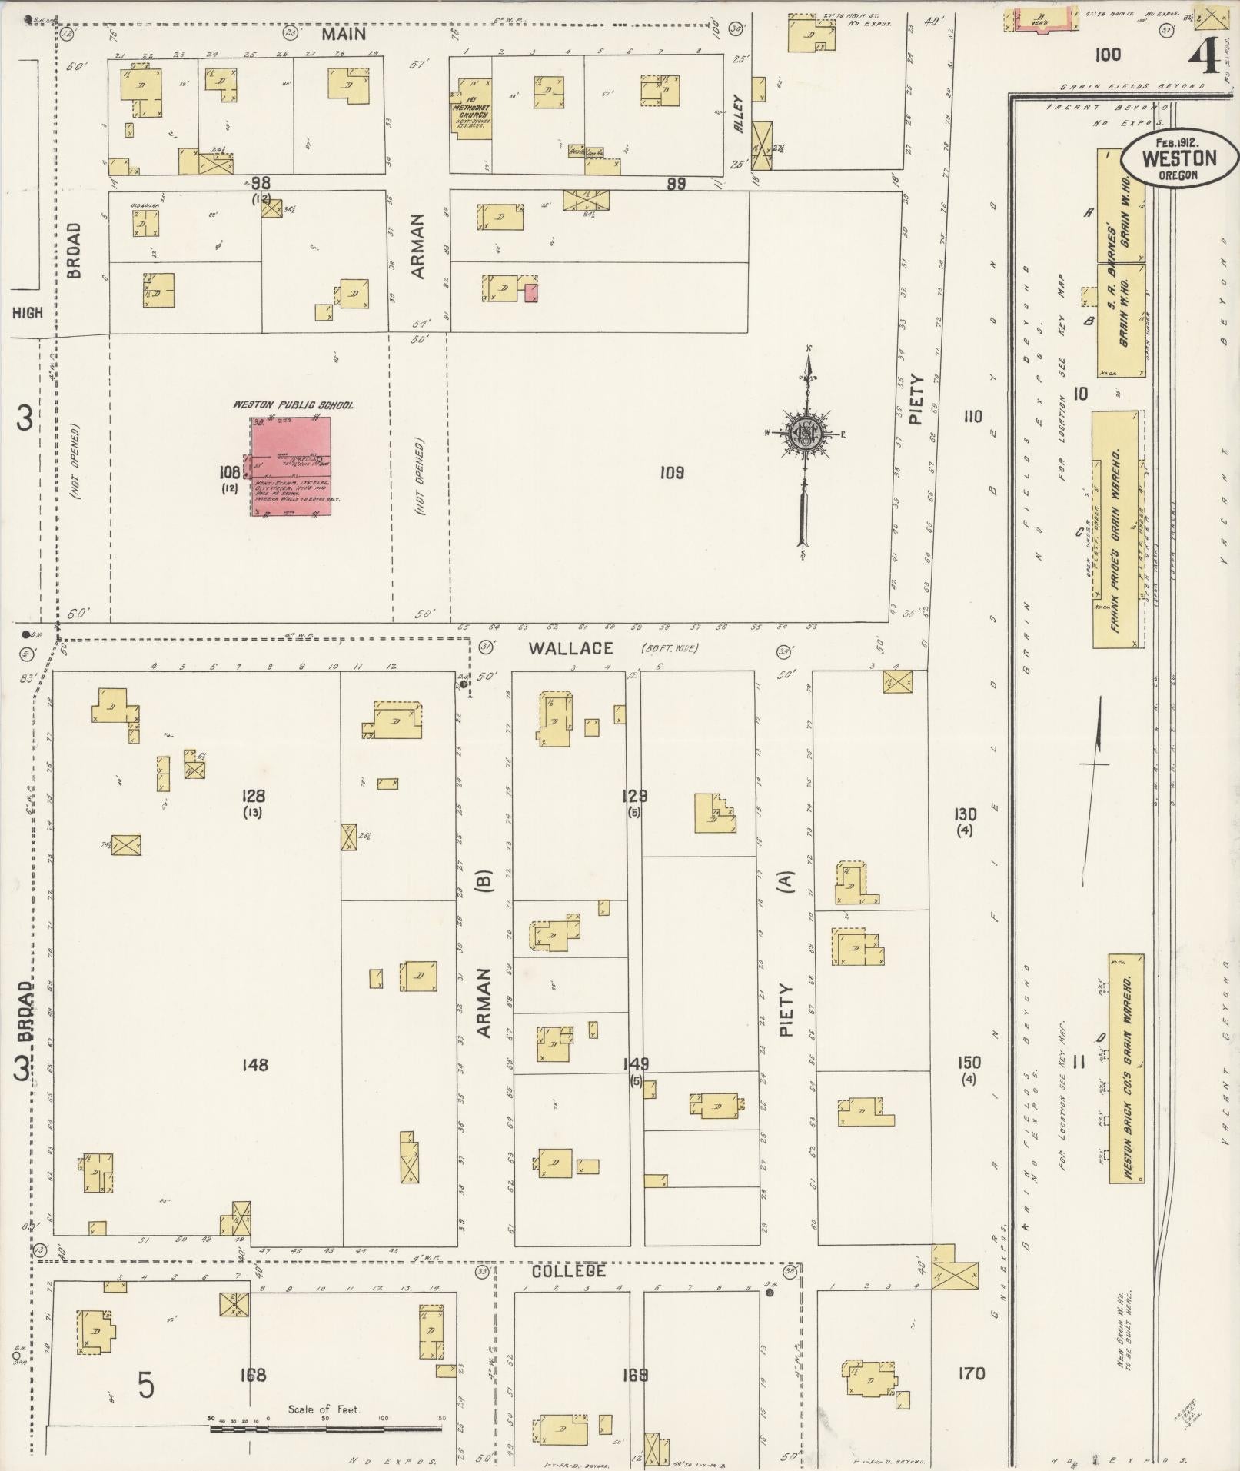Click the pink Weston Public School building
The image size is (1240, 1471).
click(293, 466)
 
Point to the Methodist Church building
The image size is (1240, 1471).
click(470, 107)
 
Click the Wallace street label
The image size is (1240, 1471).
click(570, 648)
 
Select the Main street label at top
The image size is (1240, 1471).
click(344, 34)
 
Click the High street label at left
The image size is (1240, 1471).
click(28, 313)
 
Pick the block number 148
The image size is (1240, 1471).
click(254, 1065)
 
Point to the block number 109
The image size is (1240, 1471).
click(671, 473)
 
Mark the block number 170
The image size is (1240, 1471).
click(971, 1373)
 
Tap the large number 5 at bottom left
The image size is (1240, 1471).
click(145, 1385)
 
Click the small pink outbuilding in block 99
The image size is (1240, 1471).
click(531, 292)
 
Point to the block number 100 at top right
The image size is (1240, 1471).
click(1108, 55)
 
